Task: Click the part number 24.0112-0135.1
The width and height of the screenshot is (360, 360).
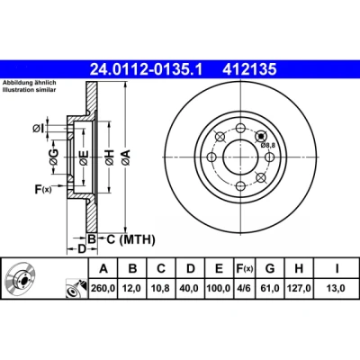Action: tap(147, 69)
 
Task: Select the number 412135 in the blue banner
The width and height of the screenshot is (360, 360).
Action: tap(249, 69)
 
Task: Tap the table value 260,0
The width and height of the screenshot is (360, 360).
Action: tap(103, 288)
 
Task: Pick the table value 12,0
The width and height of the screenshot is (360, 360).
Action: tap(132, 288)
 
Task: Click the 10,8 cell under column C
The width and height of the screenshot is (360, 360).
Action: tap(161, 288)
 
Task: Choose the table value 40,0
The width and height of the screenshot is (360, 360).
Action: tap(190, 288)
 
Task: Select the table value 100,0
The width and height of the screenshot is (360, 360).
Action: tap(219, 288)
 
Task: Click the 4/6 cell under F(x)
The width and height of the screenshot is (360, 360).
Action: tap(244, 288)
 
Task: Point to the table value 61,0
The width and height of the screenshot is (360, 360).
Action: tap(270, 288)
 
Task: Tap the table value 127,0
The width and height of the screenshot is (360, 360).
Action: tap(299, 288)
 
